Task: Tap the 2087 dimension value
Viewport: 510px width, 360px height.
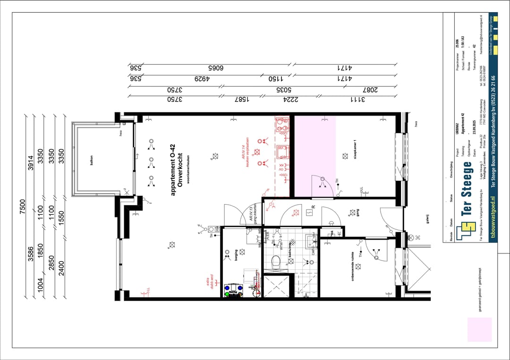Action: (x=371, y=89)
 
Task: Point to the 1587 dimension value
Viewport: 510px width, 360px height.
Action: (x=242, y=99)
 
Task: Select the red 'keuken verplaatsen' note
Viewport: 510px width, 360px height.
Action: (x=247, y=155)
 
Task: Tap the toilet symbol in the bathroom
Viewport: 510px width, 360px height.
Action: (x=278, y=261)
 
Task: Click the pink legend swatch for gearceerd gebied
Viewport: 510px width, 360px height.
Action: (x=479, y=329)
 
